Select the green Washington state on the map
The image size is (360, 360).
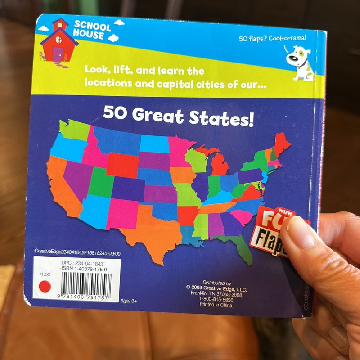[74, 130]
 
